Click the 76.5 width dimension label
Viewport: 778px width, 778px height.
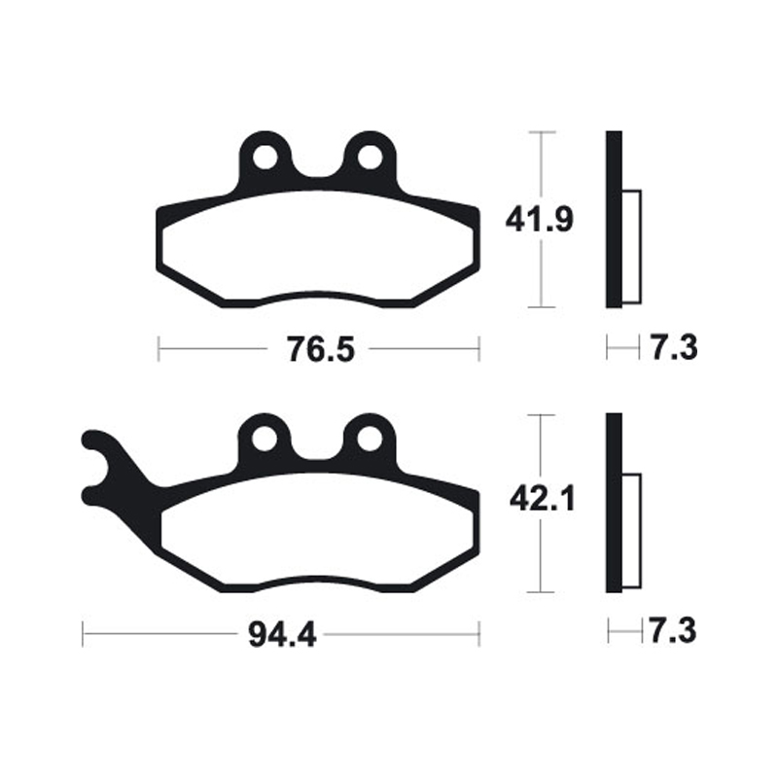pyautogui.click(x=318, y=348)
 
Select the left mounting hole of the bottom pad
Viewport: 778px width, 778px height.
pyautogui.click(x=264, y=439)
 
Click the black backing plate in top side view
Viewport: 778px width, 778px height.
pyautogui.click(x=613, y=219)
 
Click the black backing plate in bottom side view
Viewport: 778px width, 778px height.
pyautogui.click(x=613, y=503)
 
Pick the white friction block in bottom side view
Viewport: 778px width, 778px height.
pyautogui.click(x=631, y=530)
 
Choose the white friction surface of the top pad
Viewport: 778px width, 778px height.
pyautogui.click(x=317, y=253)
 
